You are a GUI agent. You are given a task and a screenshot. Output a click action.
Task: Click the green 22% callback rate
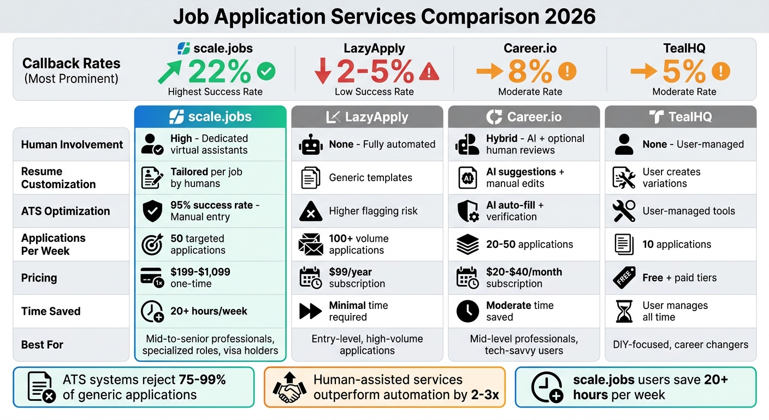tap(220, 71)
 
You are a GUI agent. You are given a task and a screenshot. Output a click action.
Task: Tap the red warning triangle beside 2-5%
tap(429, 71)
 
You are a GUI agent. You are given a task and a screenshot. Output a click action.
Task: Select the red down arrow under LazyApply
tap(323, 71)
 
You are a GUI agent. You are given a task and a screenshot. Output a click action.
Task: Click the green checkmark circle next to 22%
tap(266, 71)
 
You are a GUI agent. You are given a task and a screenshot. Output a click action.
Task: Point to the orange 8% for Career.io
tap(530, 71)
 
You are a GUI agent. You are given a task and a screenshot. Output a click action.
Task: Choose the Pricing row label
tap(39, 278)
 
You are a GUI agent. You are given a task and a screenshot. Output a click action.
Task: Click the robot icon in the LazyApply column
tap(311, 145)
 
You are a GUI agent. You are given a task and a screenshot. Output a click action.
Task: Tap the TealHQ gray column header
tap(681, 117)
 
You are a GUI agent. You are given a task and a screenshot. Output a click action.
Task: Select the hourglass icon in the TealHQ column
tap(624, 311)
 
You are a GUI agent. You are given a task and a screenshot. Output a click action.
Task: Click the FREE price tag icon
tap(624, 278)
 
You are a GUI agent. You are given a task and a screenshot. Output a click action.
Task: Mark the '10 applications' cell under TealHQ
tap(677, 244)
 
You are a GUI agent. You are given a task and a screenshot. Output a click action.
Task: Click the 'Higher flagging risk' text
tap(373, 211)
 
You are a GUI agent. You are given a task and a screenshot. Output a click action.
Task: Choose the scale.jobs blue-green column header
tap(210, 117)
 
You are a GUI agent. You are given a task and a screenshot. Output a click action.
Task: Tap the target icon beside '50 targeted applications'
tap(152, 244)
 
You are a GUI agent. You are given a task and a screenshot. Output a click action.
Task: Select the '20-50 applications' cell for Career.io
tap(529, 244)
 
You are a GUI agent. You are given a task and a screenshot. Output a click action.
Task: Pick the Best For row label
tap(42, 345)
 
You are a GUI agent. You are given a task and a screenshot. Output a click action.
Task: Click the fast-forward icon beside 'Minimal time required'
tap(311, 311)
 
